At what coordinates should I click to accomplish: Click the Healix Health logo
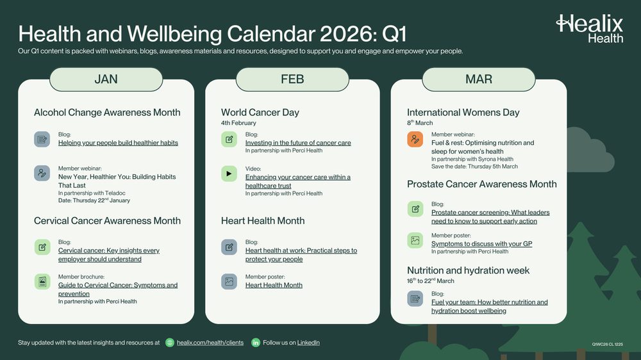(589, 29)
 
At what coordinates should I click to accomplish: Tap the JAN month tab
(106, 79)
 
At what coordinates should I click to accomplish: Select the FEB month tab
(292, 79)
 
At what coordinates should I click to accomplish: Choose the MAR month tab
(479, 79)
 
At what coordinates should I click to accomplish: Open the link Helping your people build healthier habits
(118, 143)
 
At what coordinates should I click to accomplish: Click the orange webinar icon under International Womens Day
(415, 139)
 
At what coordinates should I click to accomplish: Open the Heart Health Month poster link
(274, 285)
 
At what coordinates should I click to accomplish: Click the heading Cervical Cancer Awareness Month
(107, 221)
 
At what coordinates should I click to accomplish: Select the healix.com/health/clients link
(210, 343)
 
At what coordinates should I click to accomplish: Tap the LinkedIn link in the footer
(305, 343)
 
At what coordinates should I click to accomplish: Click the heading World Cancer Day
(260, 113)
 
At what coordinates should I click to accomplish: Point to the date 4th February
(238, 123)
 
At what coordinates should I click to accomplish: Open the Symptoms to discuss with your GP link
(481, 243)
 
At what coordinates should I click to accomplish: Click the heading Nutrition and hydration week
(469, 270)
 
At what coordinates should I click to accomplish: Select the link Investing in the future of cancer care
(298, 143)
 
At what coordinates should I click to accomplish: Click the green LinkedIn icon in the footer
(256, 343)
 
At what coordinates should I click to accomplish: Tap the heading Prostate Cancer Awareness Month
(482, 184)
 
